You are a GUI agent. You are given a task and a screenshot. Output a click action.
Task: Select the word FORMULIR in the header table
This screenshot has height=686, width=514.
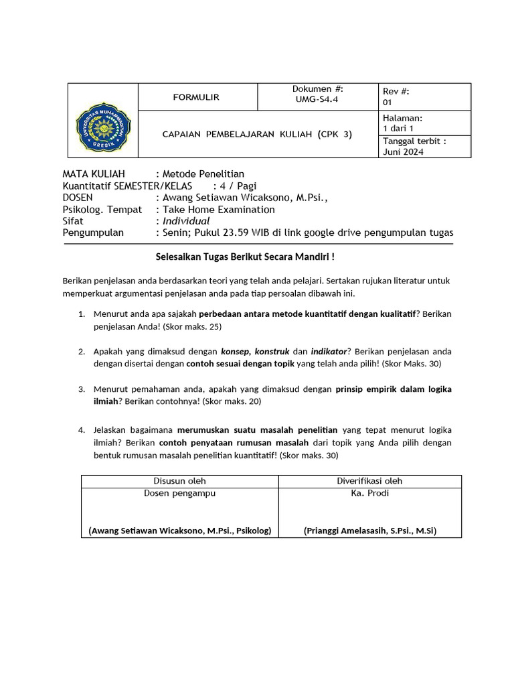coord(196,97)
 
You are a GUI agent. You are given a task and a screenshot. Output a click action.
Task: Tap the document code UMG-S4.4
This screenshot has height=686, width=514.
coord(317,98)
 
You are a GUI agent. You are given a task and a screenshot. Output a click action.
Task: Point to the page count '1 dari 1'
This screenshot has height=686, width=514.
coord(398,128)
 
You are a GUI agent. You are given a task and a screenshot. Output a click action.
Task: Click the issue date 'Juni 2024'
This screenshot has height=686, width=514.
coord(403,151)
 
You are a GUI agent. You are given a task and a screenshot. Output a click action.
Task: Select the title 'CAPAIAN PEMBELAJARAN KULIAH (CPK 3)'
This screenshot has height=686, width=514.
coord(257,134)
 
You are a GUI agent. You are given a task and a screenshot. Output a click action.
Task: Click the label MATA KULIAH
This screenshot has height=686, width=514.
coord(94,174)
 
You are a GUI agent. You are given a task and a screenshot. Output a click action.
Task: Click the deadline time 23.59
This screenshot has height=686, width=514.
coord(252,232)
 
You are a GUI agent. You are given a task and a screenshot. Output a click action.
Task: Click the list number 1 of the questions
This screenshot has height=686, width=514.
coord(81,314)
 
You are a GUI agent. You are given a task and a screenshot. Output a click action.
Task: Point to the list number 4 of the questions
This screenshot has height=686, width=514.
coord(81,429)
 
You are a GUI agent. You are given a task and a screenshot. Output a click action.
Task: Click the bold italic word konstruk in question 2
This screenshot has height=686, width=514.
coord(272,351)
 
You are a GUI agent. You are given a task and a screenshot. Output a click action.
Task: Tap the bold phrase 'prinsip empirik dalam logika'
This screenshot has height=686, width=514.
coord(394,389)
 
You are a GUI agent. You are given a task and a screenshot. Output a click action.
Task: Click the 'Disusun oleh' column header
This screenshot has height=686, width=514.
coord(179,481)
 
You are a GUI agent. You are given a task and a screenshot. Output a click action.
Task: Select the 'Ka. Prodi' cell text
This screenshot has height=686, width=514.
coord(369,493)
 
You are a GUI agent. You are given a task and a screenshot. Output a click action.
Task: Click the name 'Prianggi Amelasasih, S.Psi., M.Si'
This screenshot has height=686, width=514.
coord(369,531)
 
